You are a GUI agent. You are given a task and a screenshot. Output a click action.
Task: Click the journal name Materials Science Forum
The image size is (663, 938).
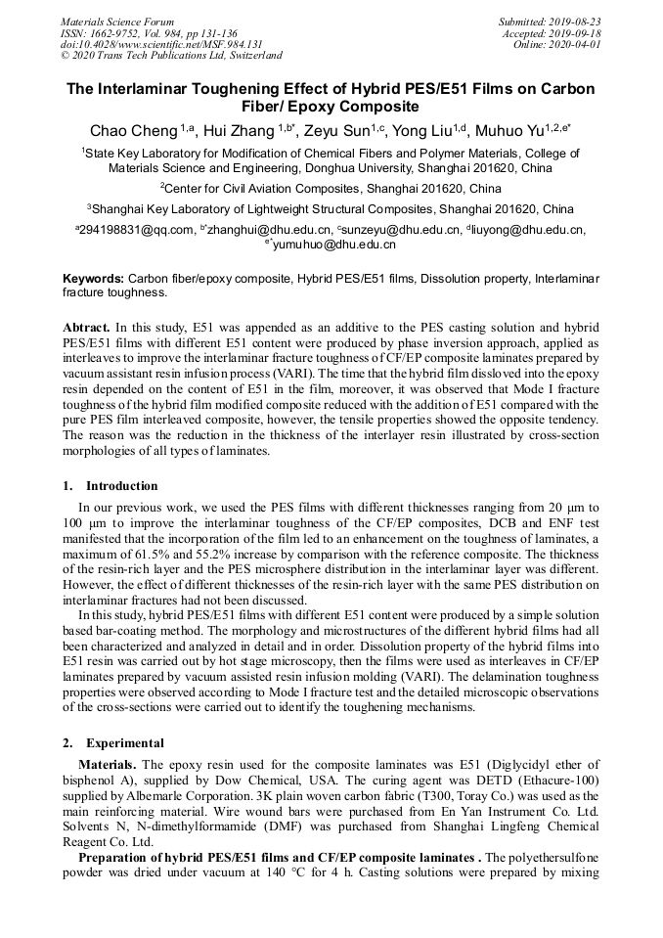click(x=117, y=21)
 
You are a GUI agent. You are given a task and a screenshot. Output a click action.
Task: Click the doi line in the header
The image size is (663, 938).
click(x=161, y=44)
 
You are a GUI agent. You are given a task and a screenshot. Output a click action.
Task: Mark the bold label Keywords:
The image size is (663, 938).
click(x=93, y=279)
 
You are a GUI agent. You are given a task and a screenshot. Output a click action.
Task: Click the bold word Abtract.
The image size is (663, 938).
click(x=86, y=327)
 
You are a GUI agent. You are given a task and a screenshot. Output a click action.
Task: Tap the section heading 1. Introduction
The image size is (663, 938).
click(x=110, y=486)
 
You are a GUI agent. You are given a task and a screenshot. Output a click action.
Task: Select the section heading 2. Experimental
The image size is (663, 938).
click(x=112, y=742)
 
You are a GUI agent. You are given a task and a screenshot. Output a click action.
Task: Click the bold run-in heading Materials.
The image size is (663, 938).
click(x=108, y=764)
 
